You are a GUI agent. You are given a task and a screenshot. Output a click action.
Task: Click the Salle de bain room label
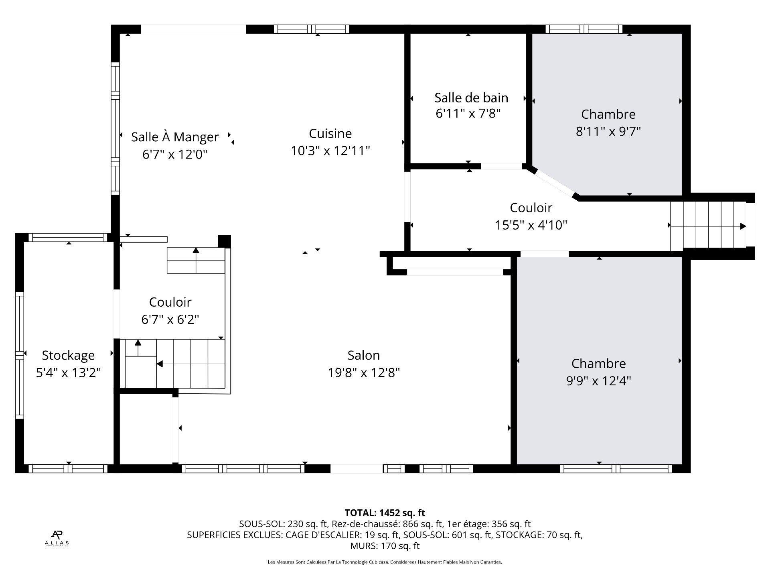pos(471,98)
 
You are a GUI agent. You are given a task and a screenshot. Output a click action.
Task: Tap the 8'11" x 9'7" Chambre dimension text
pos(608,131)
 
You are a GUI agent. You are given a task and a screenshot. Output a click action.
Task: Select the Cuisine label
pos(330,133)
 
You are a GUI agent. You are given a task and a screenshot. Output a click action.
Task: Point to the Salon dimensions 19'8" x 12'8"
pos(364,373)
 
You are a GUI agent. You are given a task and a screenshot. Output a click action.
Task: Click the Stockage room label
pos(68,355)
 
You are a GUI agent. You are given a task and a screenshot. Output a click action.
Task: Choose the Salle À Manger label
pos(175,137)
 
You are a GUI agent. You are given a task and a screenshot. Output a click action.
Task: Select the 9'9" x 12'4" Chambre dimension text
pos(598,381)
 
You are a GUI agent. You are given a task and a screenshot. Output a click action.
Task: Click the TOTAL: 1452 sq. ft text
pos(385,513)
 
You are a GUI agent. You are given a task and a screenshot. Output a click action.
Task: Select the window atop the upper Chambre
pos(584,29)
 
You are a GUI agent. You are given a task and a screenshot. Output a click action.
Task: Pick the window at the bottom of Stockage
pos(68,468)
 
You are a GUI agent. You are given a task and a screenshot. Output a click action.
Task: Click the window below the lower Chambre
pos(616,468)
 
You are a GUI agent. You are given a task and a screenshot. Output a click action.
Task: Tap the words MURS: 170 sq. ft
pos(385,546)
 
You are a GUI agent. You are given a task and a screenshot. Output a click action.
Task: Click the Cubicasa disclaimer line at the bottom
pos(385,562)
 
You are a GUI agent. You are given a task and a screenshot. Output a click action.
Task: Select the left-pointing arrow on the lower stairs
pos(160,364)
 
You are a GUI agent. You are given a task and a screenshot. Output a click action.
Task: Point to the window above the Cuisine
pos(312,29)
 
